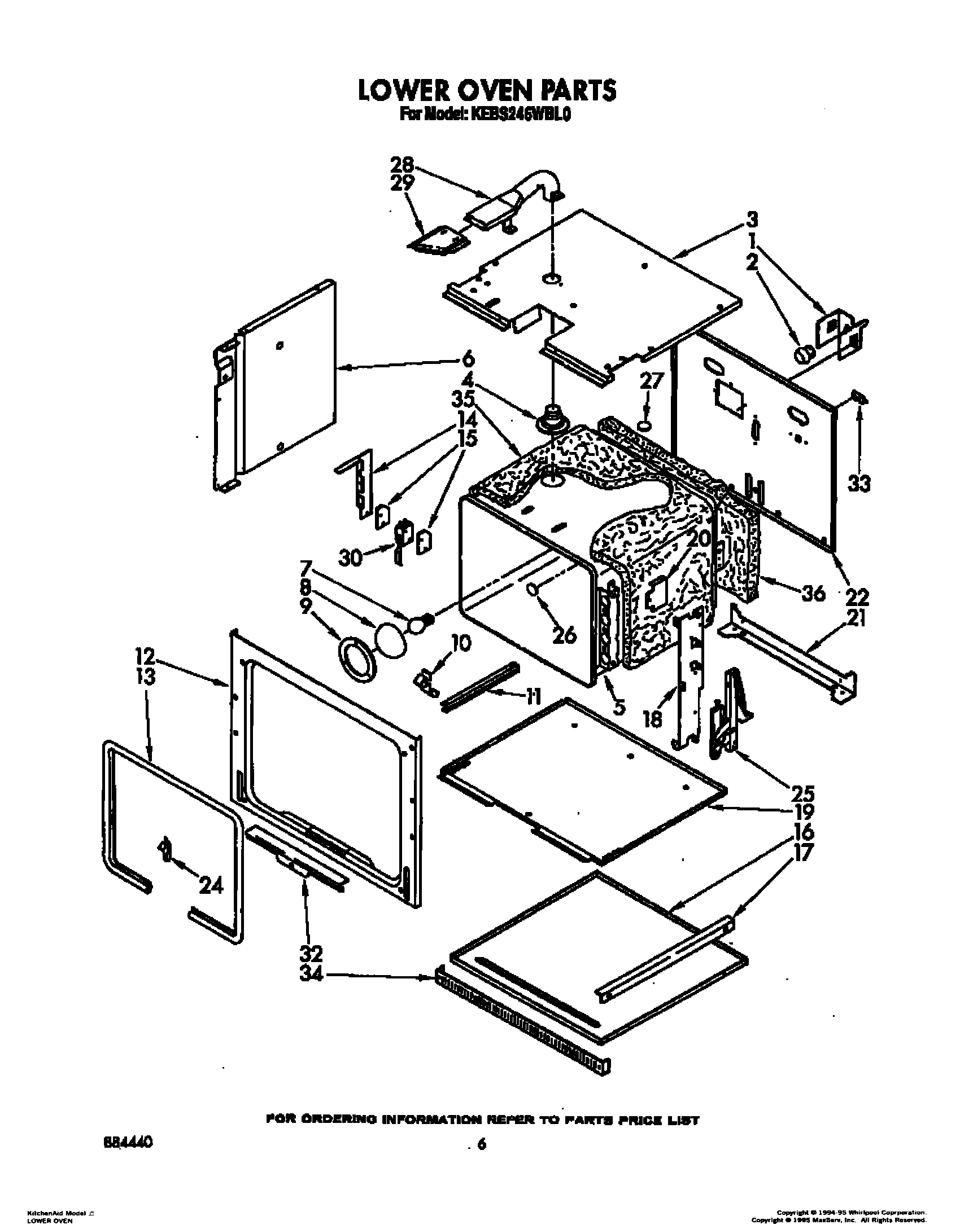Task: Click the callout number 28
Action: click(402, 165)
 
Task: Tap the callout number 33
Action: click(859, 484)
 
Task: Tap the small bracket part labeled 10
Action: click(427, 682)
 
